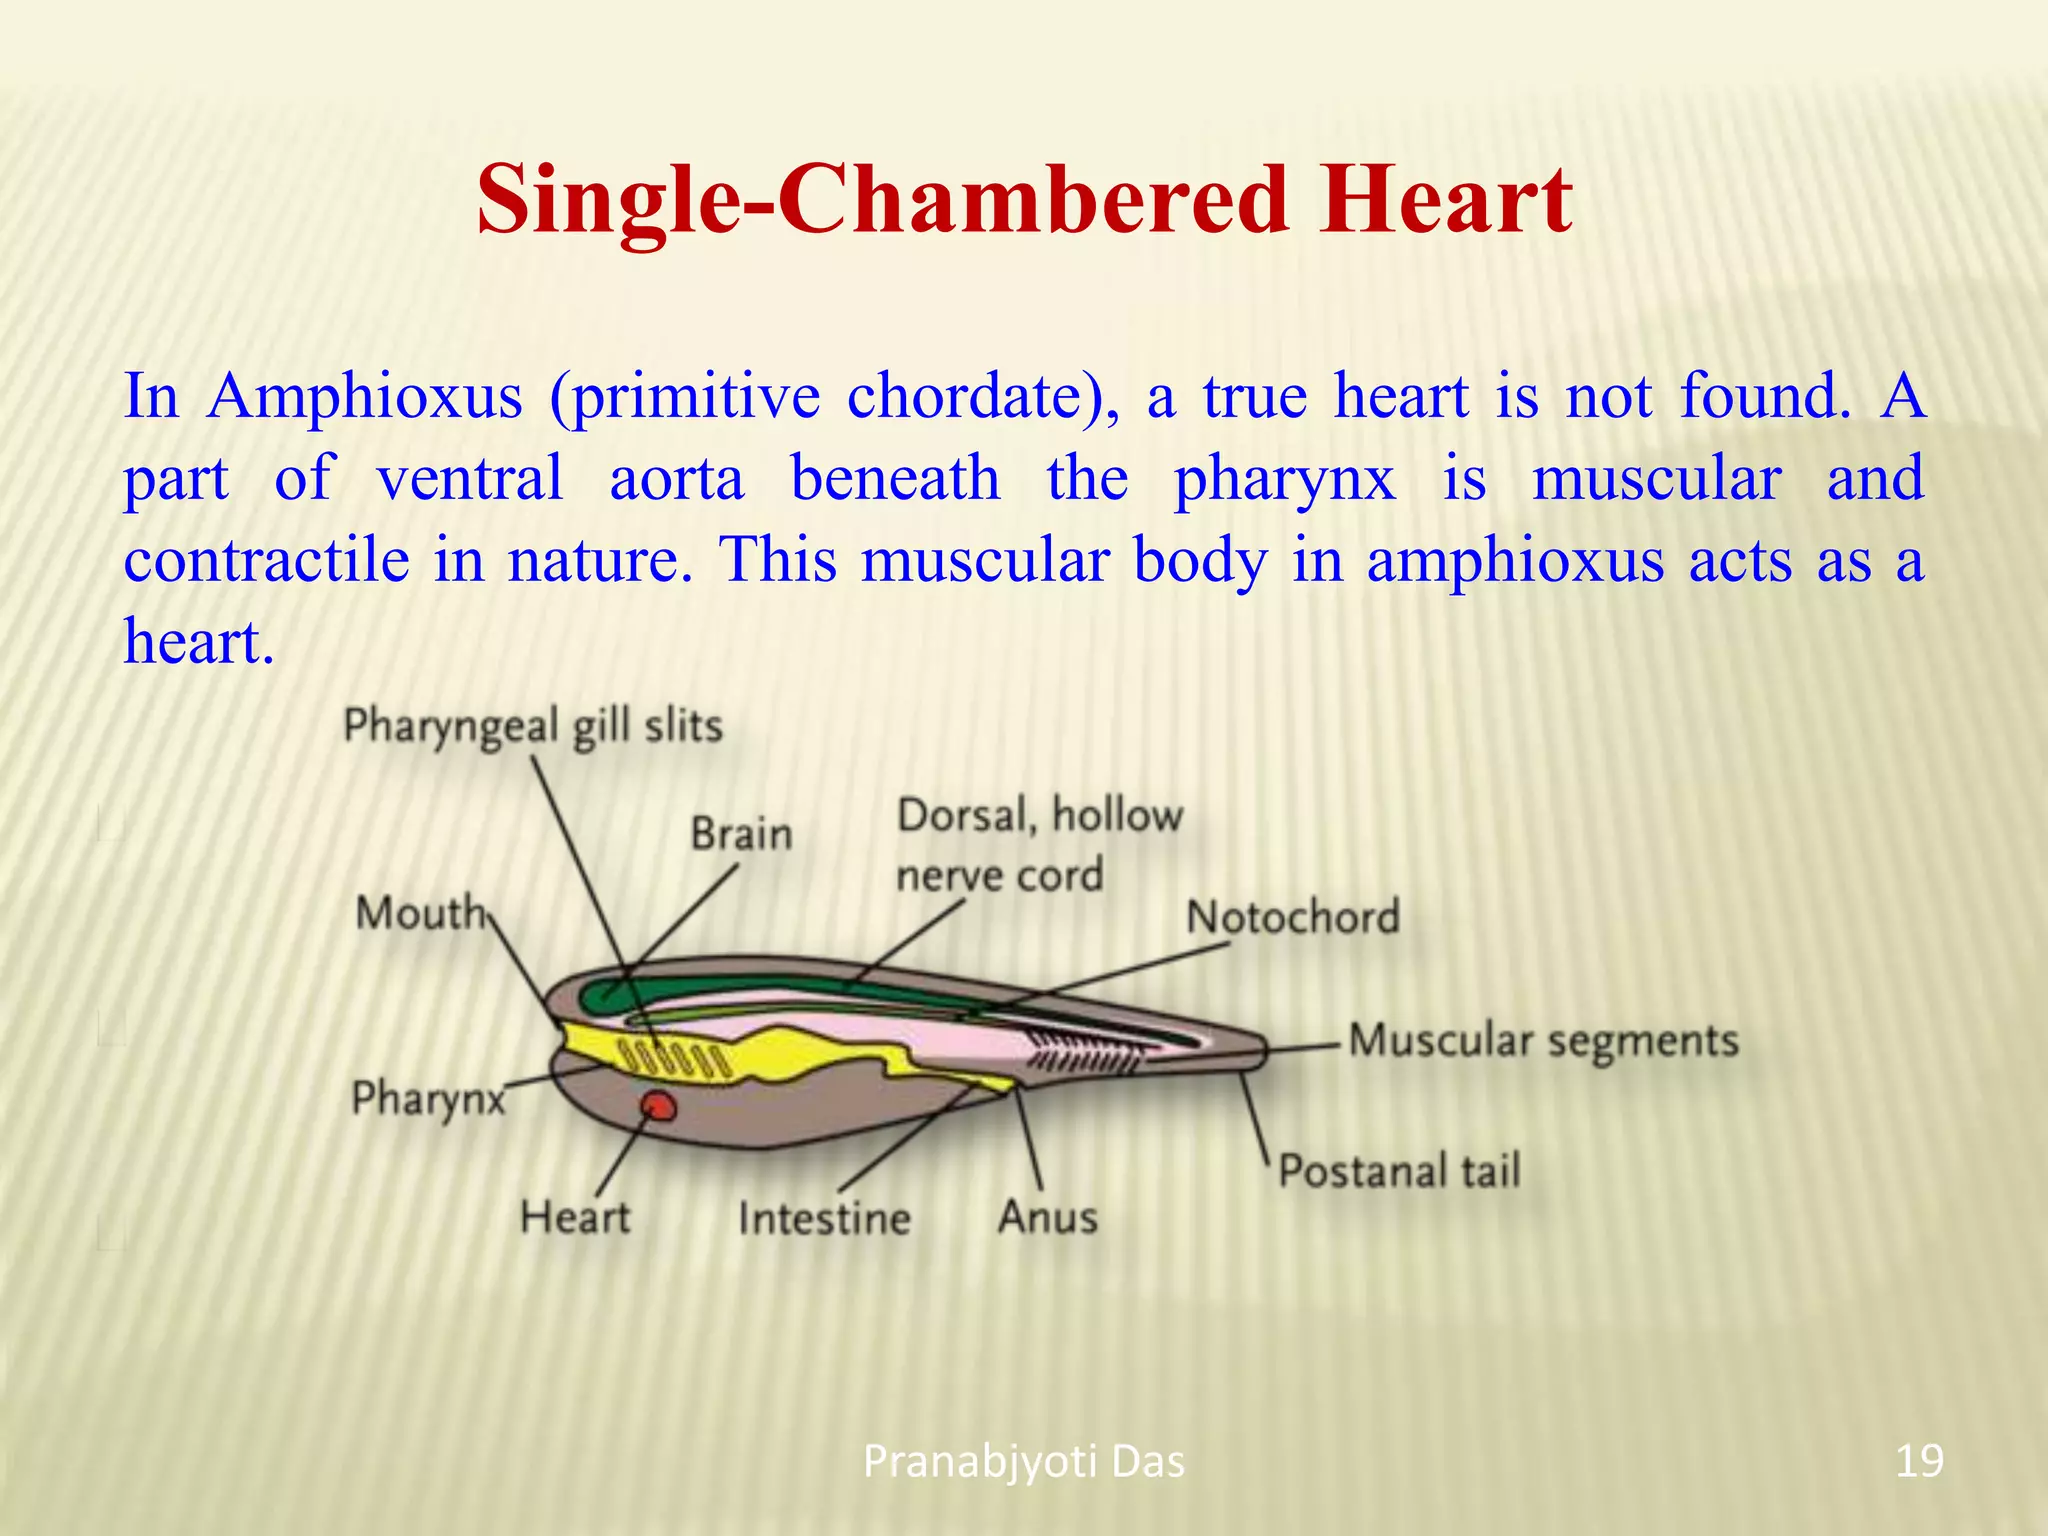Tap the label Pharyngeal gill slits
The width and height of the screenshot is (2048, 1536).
click(x=532, y=726)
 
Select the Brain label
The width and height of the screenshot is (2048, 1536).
click(x=741, y=834)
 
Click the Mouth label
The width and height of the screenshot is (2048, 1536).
click(x=420, y=913)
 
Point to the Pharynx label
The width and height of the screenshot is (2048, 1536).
click(x=429, y=1099)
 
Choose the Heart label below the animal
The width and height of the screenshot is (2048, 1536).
click(x=575, y=1218)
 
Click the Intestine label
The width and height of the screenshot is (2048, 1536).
click(x=824, y=1219)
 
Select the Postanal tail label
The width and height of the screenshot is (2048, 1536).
click(x=1399, y=1171)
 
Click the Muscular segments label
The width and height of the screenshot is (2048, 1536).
click(x=1543, y=1041)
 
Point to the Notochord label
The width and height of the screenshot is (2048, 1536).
click(x=1292, y=917)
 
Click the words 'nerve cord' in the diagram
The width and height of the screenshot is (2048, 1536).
click(x=999, y=876)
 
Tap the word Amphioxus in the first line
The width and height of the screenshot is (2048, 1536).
click(x=365, y=396)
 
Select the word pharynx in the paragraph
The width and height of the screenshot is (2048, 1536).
click(x=1284, y=478)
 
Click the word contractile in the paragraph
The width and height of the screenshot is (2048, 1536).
click(x=266, y=560)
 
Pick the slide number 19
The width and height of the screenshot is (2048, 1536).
click(x=1919, y=1461)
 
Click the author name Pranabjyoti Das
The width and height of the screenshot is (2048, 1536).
click(x=1023, y=1462)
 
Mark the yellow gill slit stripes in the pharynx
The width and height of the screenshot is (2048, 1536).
click(x=672, y=1059)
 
